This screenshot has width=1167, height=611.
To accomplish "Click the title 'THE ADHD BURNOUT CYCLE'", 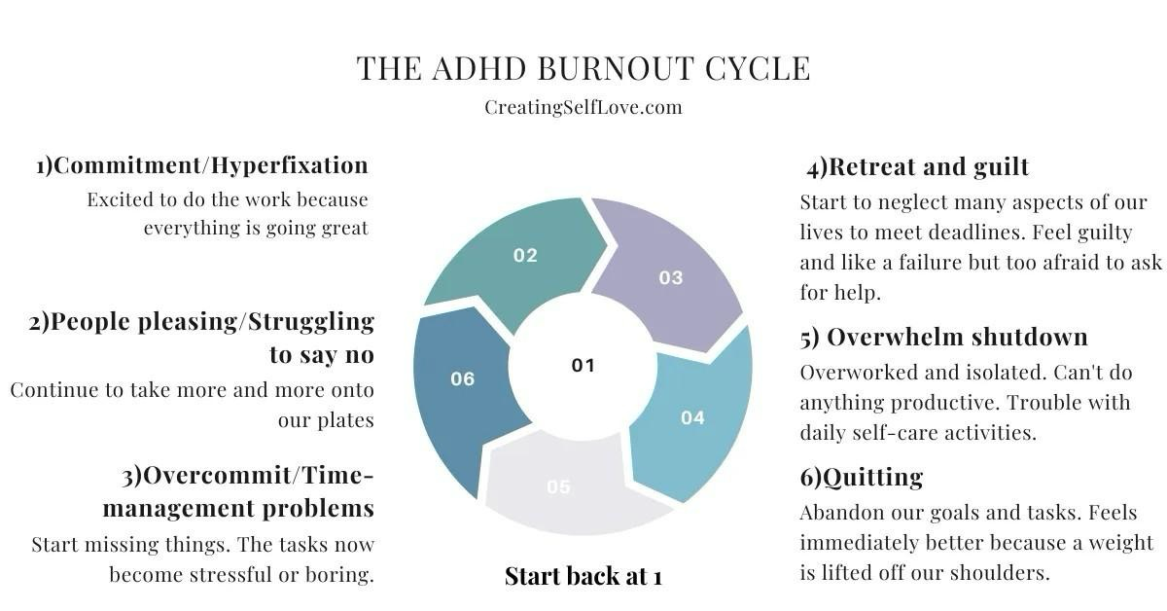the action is pos(583,68).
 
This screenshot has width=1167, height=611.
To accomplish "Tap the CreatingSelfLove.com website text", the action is pos(583,107).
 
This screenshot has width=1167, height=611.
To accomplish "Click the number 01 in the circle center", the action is pos(583,366).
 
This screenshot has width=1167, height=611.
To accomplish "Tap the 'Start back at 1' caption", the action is pos(583,576).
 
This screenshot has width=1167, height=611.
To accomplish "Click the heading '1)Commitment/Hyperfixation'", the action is pos(202,165).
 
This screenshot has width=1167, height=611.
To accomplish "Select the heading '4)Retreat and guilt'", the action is pos(917,167).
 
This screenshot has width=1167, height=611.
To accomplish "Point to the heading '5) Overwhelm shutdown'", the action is pos(943,338).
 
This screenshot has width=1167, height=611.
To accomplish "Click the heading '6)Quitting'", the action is pos(862,477).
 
